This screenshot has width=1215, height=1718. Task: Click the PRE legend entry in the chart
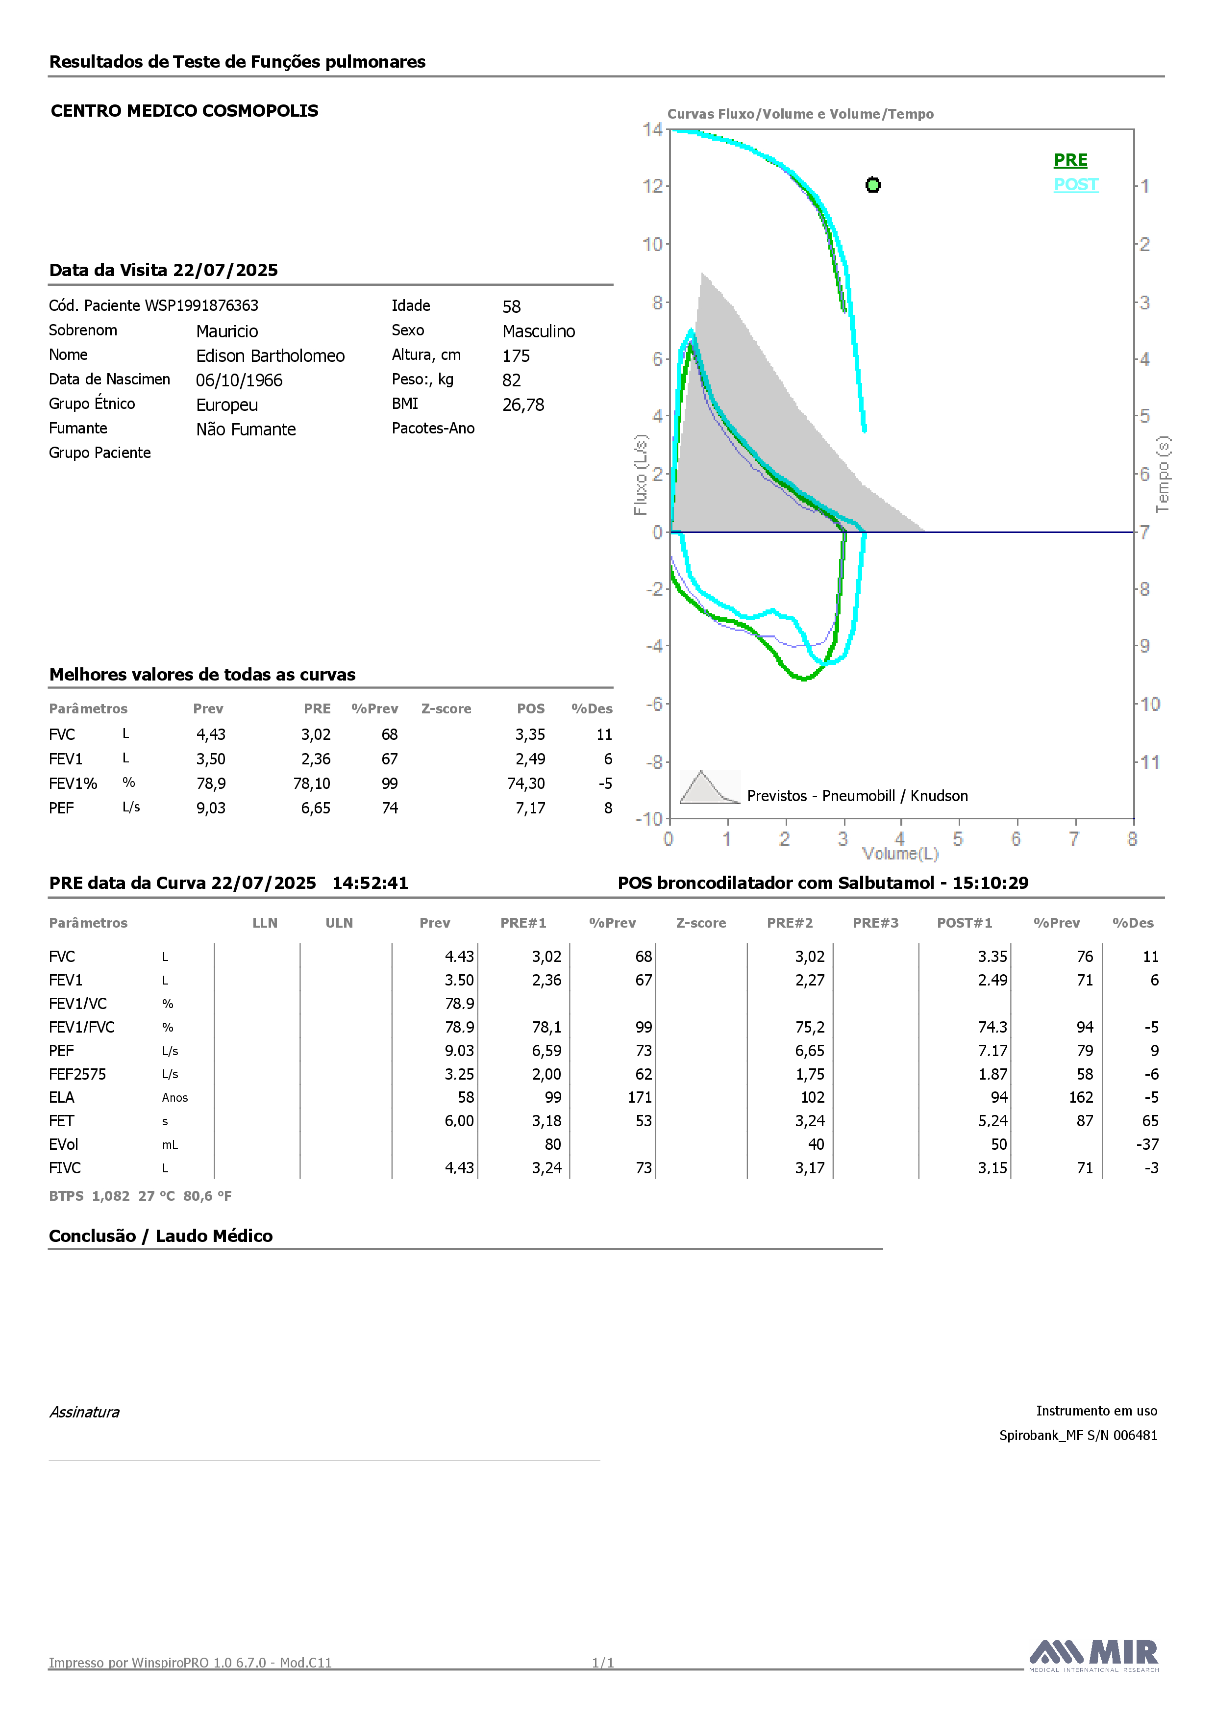[1070, 160]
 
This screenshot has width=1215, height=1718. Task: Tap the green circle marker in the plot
[872, 185]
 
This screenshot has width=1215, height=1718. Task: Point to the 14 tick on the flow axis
[652, 129]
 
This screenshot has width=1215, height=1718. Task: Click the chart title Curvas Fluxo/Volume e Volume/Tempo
[800, 114]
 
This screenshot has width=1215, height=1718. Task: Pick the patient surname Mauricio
[227, 331]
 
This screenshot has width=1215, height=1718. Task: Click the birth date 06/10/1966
[239, 380]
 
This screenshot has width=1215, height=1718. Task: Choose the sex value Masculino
[539, 331]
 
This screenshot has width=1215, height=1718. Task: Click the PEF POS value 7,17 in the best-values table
[530, 808]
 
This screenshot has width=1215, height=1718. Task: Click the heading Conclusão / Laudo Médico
[161, 1236]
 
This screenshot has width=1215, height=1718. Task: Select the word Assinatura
[84, 1412]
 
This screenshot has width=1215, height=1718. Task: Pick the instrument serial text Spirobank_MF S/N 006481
[1078, 1435]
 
